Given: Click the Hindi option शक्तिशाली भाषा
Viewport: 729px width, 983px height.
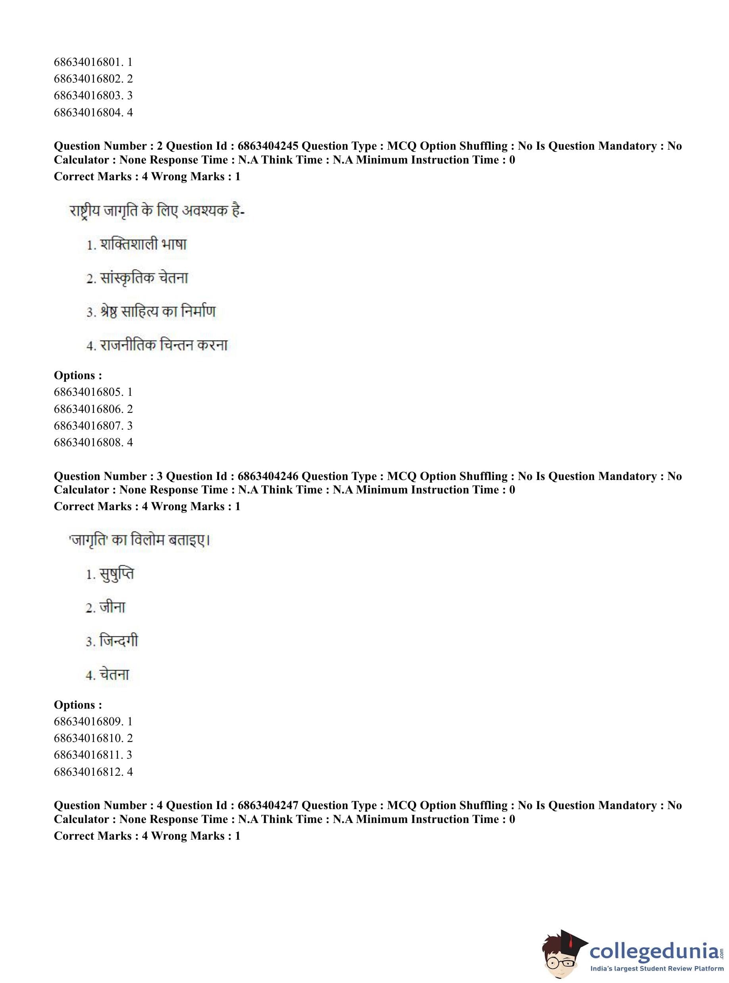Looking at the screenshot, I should click(x=143, y=245).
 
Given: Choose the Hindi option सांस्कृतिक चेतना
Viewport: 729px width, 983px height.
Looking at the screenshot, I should click(x=144, y=278).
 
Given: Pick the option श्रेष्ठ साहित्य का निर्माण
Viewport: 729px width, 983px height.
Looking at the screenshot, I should click(x=158, y=312).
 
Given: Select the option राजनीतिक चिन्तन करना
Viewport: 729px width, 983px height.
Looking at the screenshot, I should click(x=163, y=345).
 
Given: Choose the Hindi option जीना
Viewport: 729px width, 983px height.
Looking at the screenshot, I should click(x=112, y=608).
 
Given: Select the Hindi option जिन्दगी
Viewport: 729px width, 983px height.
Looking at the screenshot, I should click(x=118, y=641).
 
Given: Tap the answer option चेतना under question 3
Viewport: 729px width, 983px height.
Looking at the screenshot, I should click(x=114, y=675).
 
